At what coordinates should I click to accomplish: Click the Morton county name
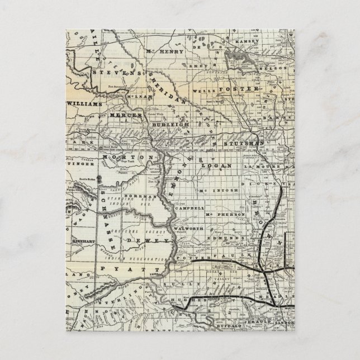pos(127,158)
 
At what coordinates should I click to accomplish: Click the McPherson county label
pos(225,215)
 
